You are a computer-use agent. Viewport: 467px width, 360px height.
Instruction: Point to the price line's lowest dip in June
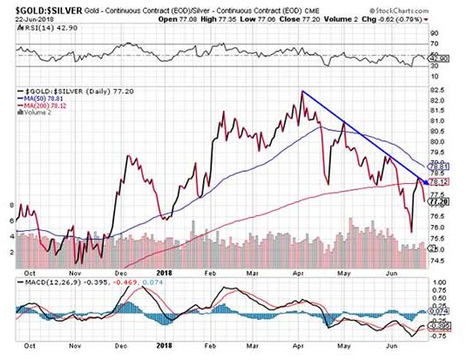(411, 233)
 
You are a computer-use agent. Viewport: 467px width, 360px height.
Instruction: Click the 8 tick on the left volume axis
(10, 205)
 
